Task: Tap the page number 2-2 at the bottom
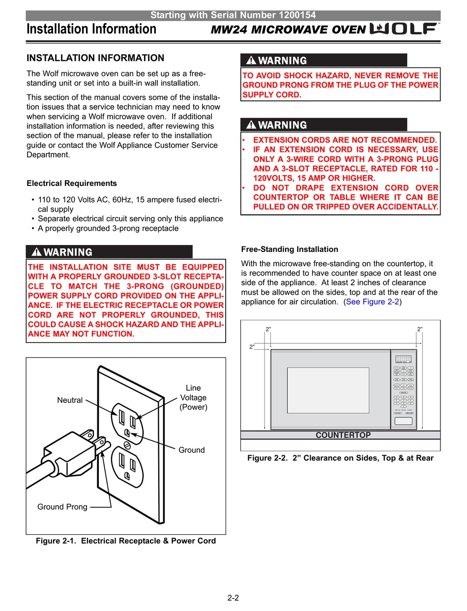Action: click(233, 598)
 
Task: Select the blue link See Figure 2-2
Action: click(372, 302)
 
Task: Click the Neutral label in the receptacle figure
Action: click(70, 400)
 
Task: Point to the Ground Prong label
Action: click(62, 507)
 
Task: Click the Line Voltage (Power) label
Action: click(193, 397)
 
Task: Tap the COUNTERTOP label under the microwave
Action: click(343, 435)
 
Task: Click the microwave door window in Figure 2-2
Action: click(328, 390)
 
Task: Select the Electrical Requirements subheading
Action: click(72, 183)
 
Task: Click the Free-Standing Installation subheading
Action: click(290, 249)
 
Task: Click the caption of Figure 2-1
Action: click(126, 541)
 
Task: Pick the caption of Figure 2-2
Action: click(340, 458)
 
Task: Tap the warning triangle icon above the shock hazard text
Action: click(251, 61)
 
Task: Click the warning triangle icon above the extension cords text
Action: click(251, 125)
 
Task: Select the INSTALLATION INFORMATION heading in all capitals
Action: click(95, 58)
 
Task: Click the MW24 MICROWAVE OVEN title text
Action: click(288, 30)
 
